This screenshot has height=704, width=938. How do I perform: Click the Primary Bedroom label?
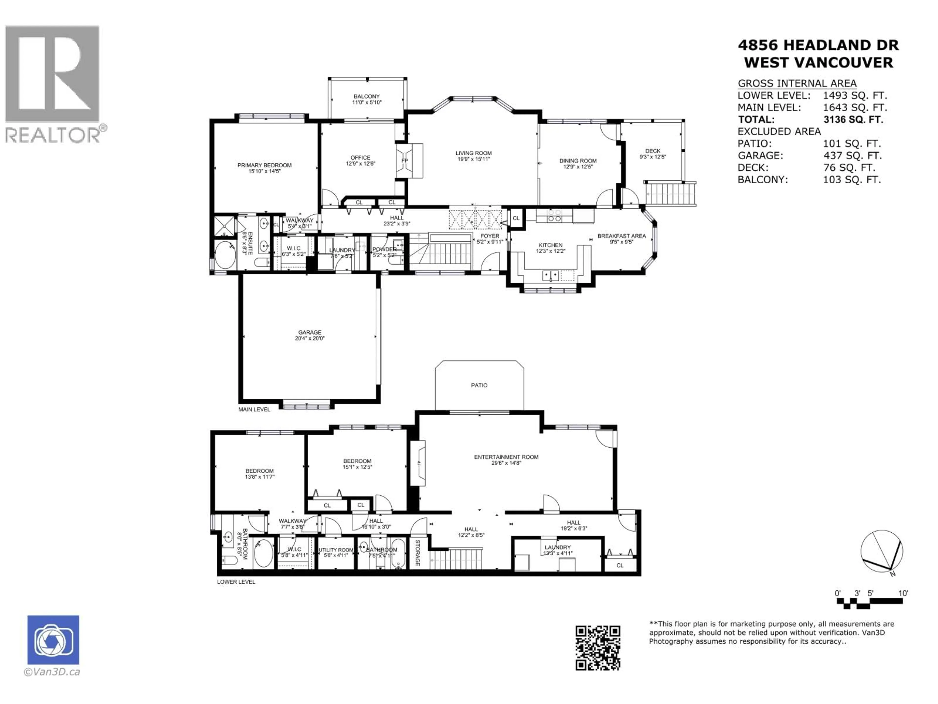click(x=264, y=165)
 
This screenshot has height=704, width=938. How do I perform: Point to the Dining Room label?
click(x=577, y=160)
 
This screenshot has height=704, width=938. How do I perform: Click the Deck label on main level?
click(x=653, y=151)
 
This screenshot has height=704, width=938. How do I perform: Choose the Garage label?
click(x=309, y=332)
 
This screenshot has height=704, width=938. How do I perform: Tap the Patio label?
click(x=479, y=385)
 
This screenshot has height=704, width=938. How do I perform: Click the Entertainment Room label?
click(x=506, y=457)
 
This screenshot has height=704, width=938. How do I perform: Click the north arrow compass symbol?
click(x=882, y=551)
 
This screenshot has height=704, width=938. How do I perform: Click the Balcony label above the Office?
click(x=367, y=96)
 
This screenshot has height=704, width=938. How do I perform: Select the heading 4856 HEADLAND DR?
click(x=818, y=45)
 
